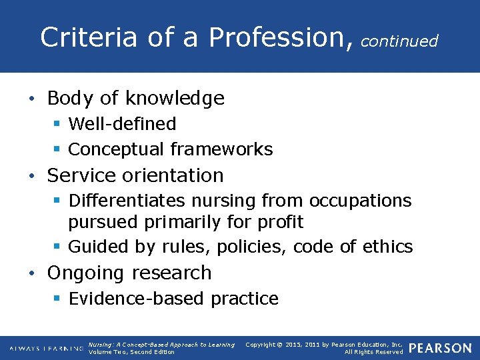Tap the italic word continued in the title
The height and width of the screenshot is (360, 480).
pyautogui.click(x=399, y=41)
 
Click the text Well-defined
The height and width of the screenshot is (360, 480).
pyautogui.click(x=122, y=124)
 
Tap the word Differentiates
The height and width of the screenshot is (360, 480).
pyautogui.click(x=128, y=200)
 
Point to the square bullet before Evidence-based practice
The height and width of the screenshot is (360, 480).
pyautogui.click(x=57, y=299)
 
